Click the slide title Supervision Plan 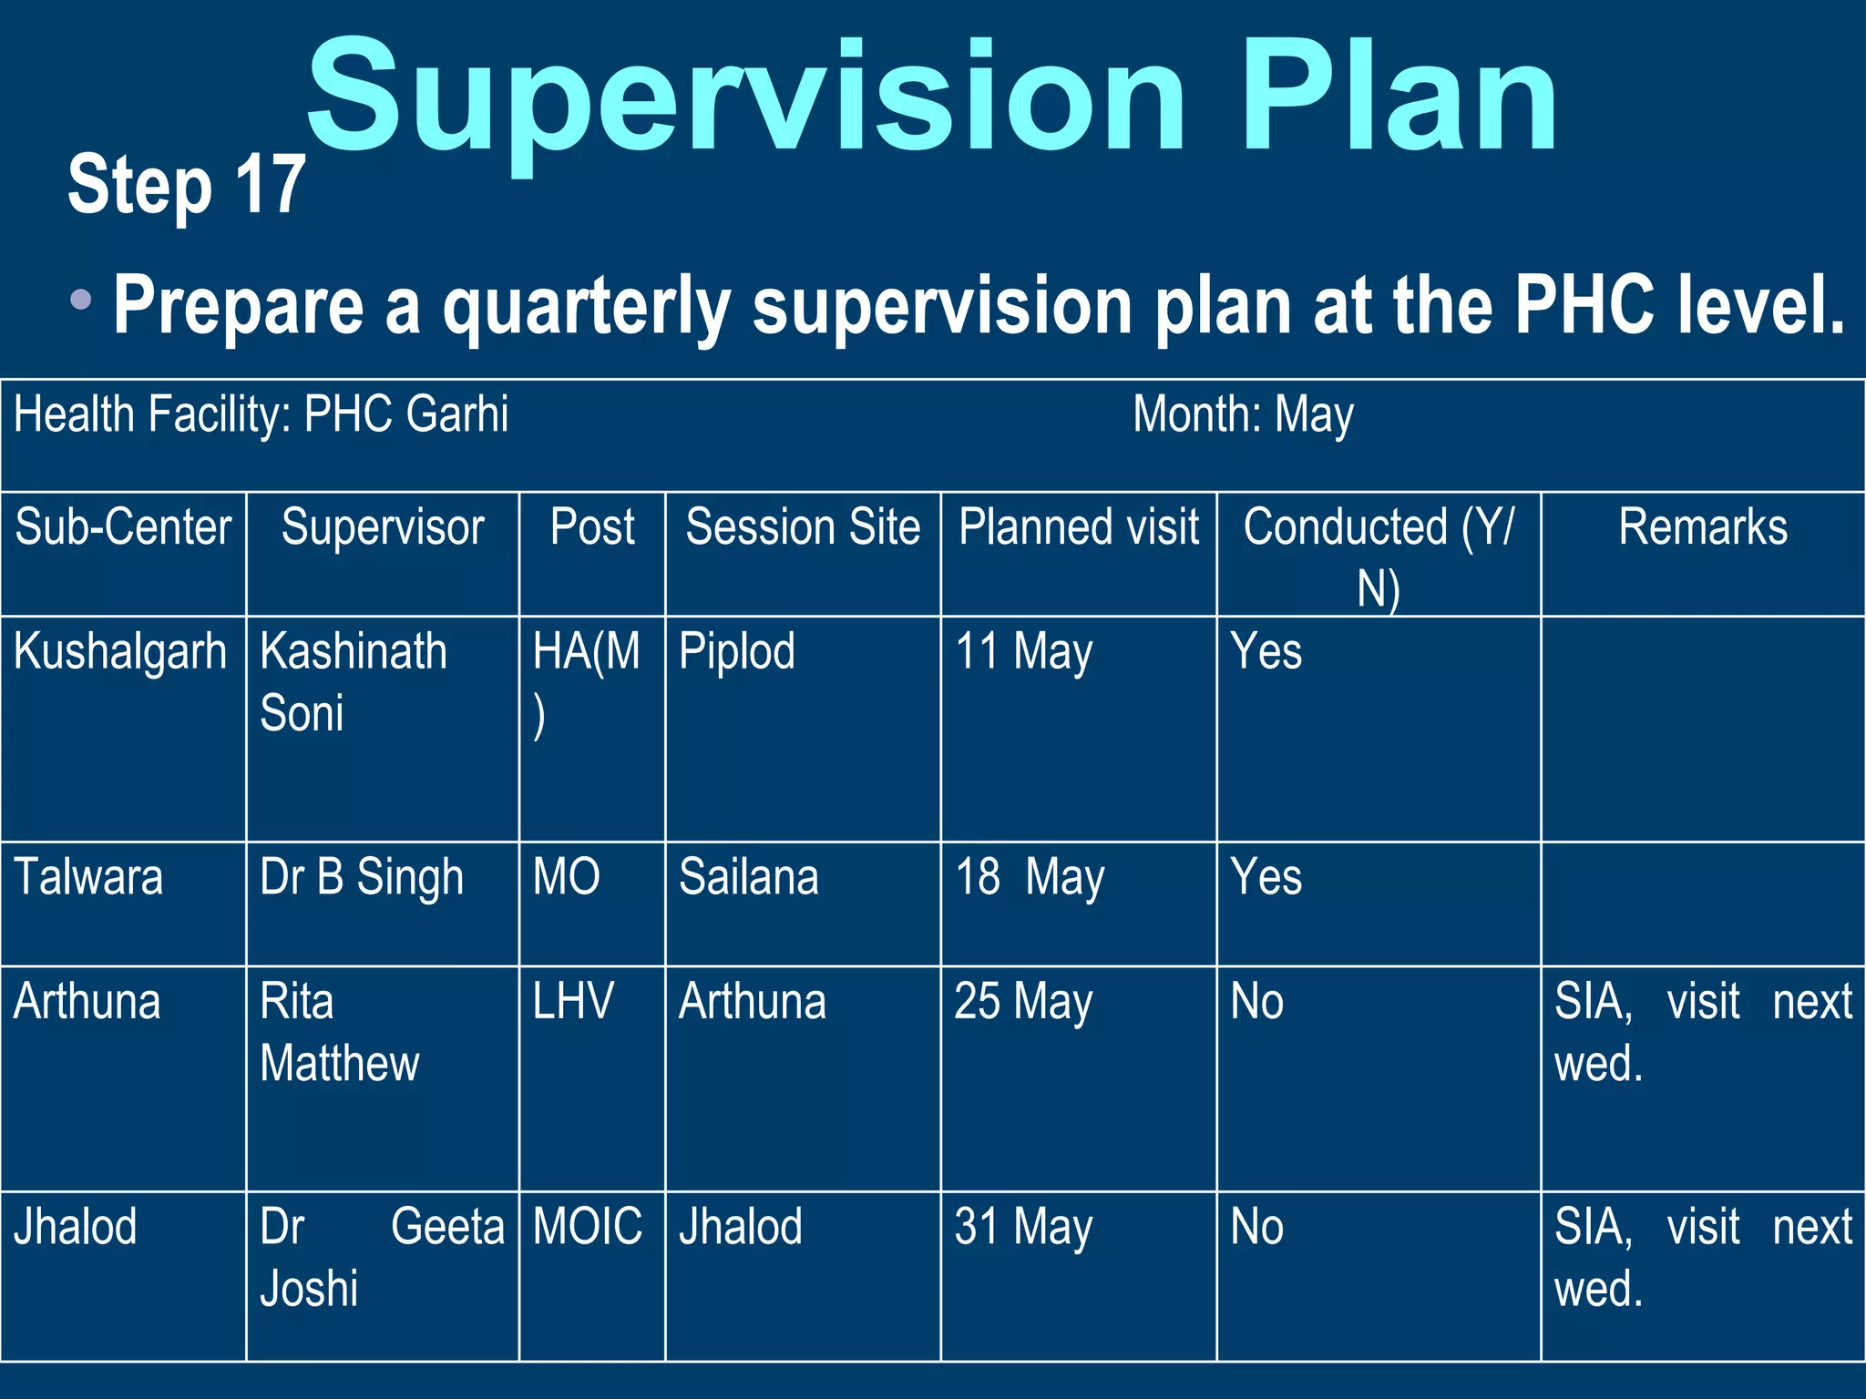coord(931,98)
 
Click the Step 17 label coord(186,185)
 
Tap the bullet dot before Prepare coord(80,299)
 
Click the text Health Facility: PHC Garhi coord(261,415)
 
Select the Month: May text coord(1243,415)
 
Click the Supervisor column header coord(383,527)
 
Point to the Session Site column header coord(803,527)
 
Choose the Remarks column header coord(1702,527)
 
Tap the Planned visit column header coord(1079,527)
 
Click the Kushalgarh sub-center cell coord(120,652)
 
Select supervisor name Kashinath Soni coord(354,681)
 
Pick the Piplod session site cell coord(737,652)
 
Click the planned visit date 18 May coord(1030,878)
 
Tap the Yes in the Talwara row coord(1266,878)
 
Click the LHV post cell coord(573,1002)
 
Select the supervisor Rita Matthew coord(339,1033)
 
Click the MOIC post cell coord(588,1227)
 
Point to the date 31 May coord(1023,1227)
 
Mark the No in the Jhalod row coord(1257,1227)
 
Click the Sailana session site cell coord(749,878)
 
